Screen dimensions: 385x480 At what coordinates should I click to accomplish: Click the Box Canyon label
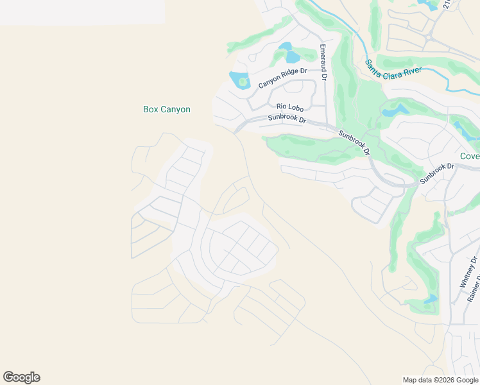(x=166, y=110)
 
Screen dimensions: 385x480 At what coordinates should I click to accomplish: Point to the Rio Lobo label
(x=289, y=108)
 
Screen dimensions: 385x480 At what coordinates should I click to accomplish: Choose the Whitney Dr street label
(x=467, y=273)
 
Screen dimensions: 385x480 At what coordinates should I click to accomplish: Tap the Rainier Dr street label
(x=476, y=286)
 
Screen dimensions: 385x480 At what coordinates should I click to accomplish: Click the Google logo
(x=21, y=377)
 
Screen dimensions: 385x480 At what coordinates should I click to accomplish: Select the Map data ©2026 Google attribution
(x=440, y=380)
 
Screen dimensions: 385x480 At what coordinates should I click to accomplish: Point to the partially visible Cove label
(x=470, y=157)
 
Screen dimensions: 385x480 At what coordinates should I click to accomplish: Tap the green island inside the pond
(x=242, y=81)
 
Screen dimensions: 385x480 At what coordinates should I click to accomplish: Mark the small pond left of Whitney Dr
(x=431, y=298)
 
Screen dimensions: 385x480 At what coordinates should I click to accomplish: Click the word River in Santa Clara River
(x=410, y=71)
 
